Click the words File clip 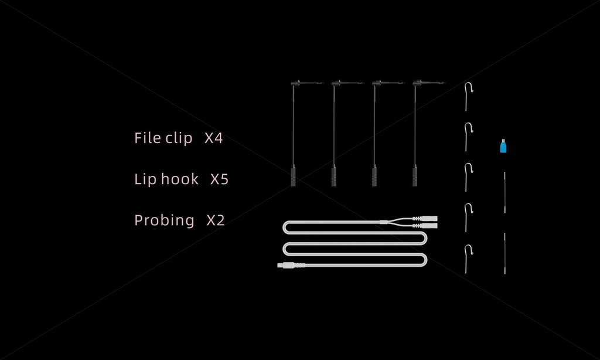coord(163,139)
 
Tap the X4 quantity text coord(214,139)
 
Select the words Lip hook coord(166,179)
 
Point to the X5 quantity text coord(219,179)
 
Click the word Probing coord(164,220)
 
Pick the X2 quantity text coord(216,220)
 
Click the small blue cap coord(503,146)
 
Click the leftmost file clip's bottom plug coord(293,176)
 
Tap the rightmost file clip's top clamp coord(427,84)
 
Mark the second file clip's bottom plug coord(333,176)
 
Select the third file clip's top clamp coord(386,84)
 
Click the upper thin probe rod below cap coord(504,192)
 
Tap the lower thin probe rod coord(504,253)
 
